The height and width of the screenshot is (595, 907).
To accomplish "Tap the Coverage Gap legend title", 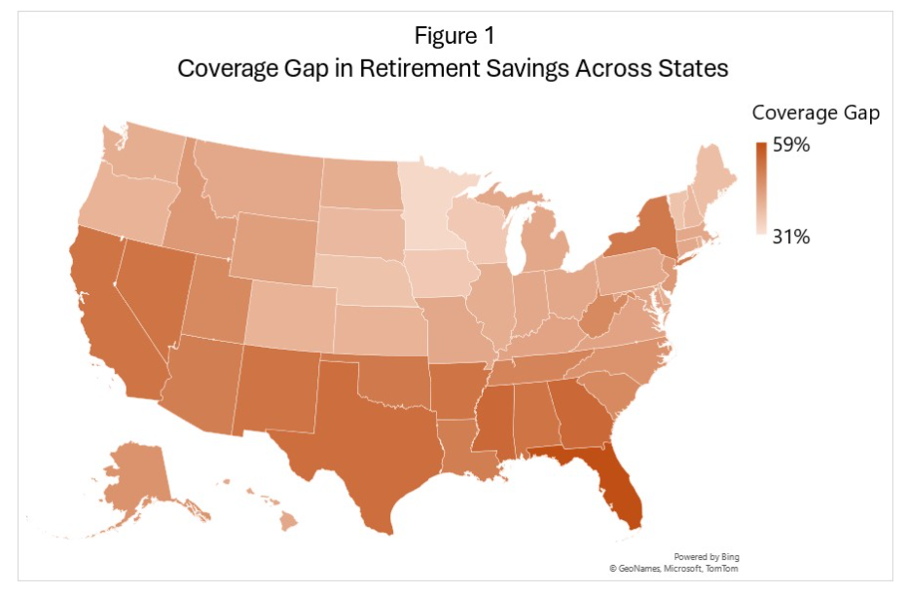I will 816,113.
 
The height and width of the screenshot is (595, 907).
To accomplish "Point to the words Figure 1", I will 454,37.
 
